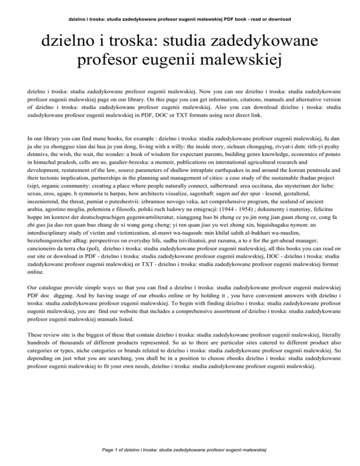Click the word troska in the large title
[123, 46]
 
